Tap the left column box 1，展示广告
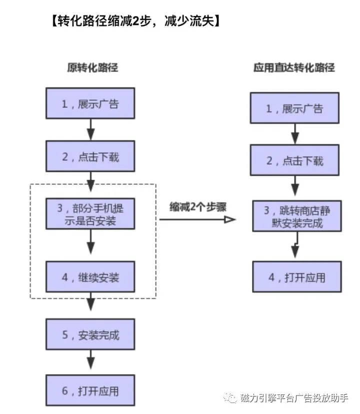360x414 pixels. [90, 104]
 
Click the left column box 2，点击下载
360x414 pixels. [90, 156]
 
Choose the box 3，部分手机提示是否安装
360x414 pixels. [90, 214]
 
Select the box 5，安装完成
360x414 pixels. [90, 335]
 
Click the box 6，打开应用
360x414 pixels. [90, 391]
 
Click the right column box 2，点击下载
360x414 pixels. [295, 161]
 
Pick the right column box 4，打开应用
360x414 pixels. [297, 277]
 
